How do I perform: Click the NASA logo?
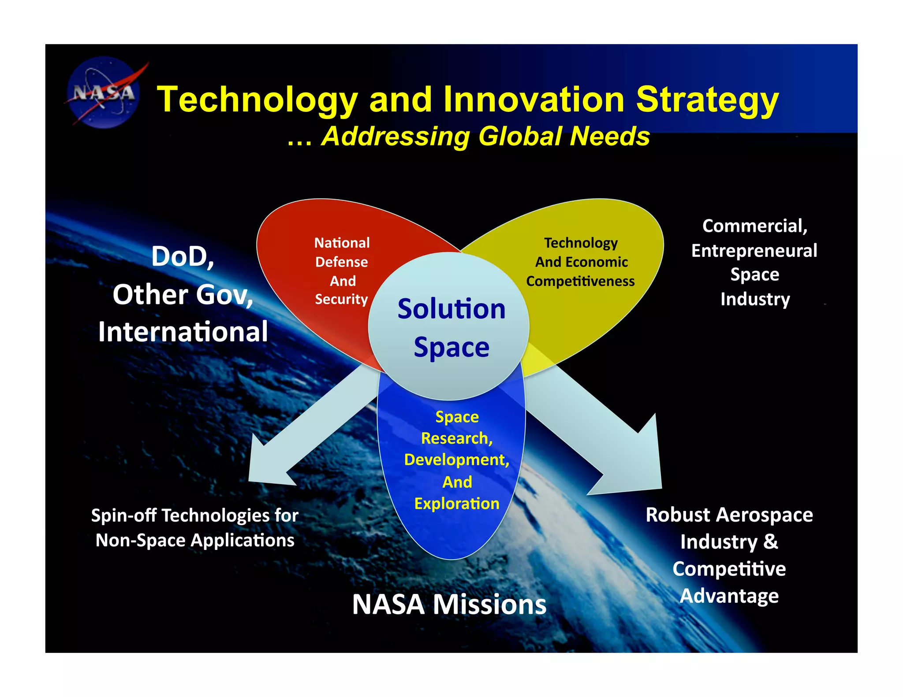(104, 93)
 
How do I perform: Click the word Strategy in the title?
(707, 100)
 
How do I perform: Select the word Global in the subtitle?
(520, 136)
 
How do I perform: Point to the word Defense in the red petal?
(341, 262)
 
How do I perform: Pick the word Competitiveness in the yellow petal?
(580, 281)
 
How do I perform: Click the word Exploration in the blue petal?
(457, 504)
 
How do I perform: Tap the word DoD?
(183, 256)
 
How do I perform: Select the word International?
(183, 332)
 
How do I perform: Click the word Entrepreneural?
(754, 251)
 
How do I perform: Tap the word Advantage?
(729, 596)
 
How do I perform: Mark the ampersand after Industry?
(771, 542)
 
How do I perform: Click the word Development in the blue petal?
(456, 460)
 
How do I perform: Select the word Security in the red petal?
(341, 300)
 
